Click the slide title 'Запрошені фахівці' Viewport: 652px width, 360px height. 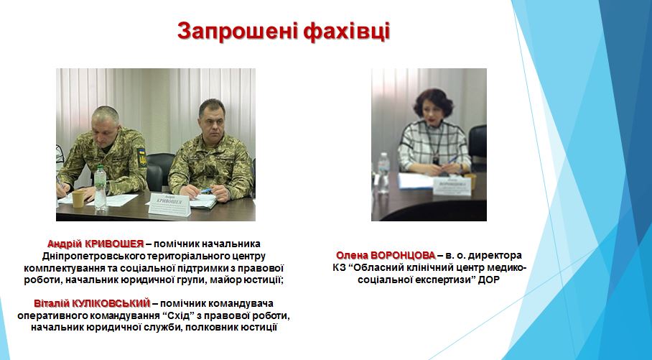pos(283,31)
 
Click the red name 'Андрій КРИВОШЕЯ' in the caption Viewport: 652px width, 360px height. pos(96,244)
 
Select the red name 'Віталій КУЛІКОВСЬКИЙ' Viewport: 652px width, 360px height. pos(92,303)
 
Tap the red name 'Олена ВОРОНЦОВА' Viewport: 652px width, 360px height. pos(386,255)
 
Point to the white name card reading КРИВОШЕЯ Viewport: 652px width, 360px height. pos(169,204)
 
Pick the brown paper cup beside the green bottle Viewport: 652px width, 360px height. pos(78,198)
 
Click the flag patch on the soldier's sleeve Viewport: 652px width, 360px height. pos(141,156)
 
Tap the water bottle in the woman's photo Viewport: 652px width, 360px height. pos(383,172)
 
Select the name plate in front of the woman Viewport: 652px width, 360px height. pos(452,186)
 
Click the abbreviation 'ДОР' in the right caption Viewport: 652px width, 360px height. pos(488,280)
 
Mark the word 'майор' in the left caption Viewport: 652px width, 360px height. pos(225,280)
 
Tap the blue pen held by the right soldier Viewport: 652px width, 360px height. pos(206,190)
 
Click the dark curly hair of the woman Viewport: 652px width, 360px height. pos(432,100)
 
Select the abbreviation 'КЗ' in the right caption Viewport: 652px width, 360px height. pos(338,267)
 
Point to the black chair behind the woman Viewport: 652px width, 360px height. pos(478,144)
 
